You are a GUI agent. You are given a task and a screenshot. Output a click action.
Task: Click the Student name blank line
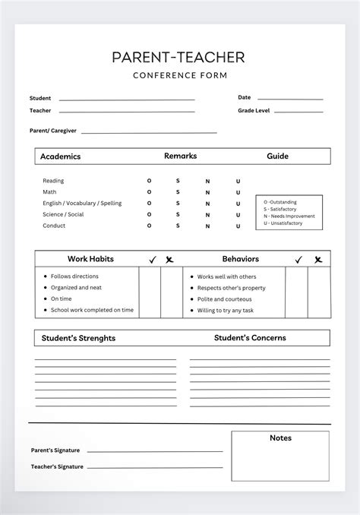126,100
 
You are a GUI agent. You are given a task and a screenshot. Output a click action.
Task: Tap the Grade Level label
254,111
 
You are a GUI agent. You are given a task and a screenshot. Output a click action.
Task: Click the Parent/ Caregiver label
53,131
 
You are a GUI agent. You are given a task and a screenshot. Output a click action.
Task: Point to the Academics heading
61,156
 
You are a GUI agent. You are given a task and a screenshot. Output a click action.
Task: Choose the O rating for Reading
150,181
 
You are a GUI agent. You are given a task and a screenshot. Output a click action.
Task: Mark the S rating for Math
178,192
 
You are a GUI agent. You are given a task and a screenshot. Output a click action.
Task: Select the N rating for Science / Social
207,215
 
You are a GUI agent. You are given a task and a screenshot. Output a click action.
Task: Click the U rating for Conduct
238,226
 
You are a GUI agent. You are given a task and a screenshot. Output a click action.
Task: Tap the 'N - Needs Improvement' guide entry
289,216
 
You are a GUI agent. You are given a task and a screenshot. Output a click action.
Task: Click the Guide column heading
277,156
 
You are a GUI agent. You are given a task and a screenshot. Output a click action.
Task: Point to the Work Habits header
90,259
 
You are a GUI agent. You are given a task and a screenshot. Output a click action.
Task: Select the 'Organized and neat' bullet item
77,288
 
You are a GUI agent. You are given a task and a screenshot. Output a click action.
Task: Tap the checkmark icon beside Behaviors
298,260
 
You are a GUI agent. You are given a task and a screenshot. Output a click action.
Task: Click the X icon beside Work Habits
170,260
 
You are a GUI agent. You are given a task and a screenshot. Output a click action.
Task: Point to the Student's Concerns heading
250,338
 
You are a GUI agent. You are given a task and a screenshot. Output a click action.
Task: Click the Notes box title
280,438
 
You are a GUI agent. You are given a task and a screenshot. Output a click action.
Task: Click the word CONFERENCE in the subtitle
159,75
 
